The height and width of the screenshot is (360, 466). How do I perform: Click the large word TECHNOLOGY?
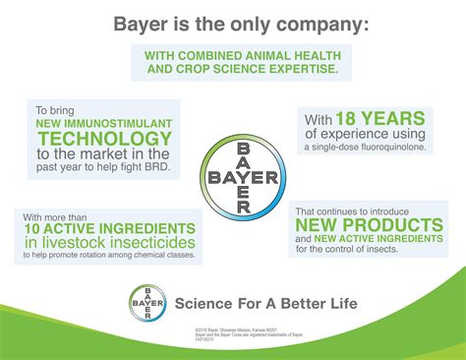[106, 142]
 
